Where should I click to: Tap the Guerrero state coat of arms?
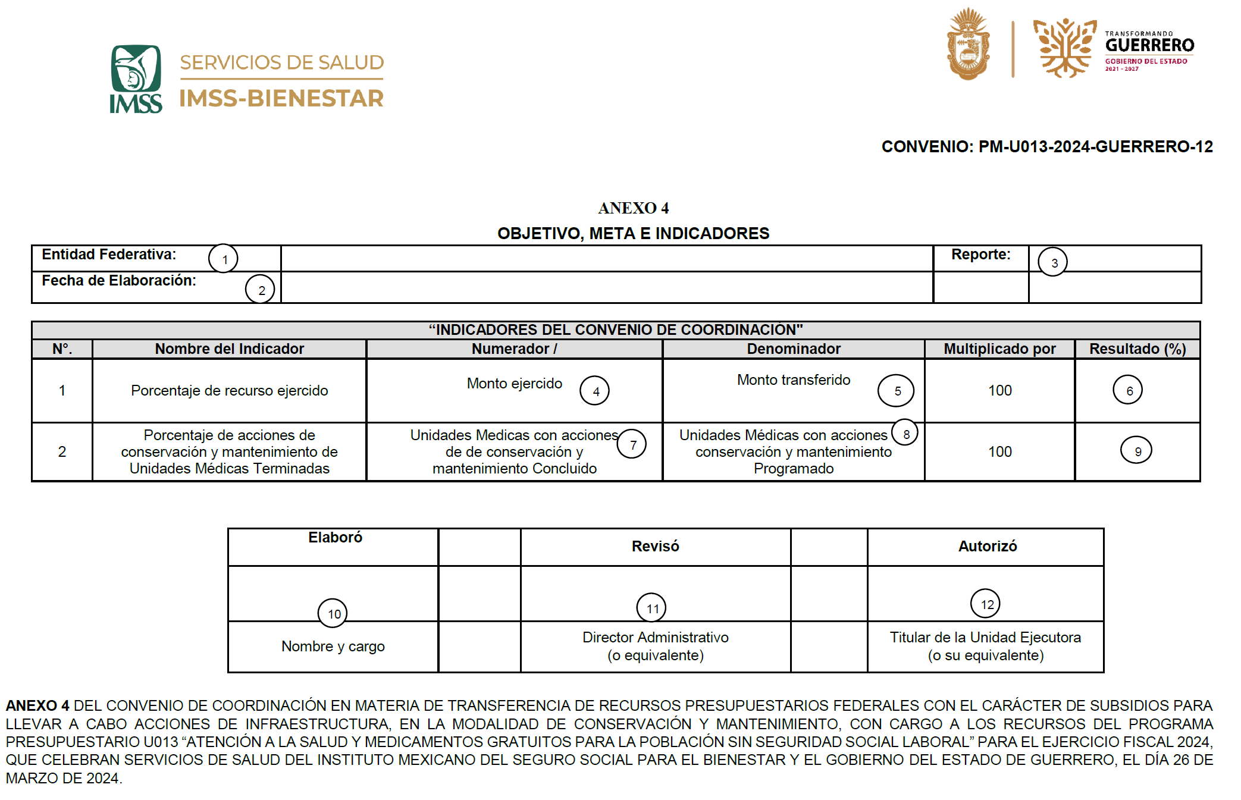(968, 45)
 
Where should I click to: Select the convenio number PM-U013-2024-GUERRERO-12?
(1046, 147)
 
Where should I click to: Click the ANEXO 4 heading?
(633, 208)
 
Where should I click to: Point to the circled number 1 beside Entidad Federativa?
(223, 259)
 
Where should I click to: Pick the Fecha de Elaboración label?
(119, 281)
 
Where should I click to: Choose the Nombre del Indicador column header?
(229, 349)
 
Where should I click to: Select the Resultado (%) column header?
(1137, 349)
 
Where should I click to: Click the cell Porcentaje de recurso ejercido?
(229, 391)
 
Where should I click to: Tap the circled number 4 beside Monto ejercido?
(595, 391)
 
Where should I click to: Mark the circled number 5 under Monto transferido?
(896, 391)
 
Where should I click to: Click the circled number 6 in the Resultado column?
(1128, 390)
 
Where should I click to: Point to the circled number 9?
(1136, 451)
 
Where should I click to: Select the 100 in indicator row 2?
(999, 452)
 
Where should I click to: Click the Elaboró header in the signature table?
(335, 538)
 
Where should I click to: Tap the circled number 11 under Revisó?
(652, 608)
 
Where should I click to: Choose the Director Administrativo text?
(655, 638)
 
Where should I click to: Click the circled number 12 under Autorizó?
(986, 604)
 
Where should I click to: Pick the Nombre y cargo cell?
(333, 647)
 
